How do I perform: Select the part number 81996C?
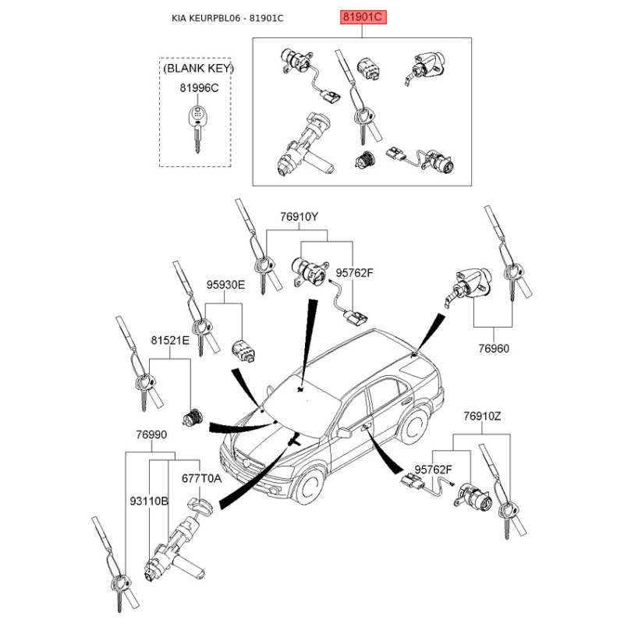pos(200,87)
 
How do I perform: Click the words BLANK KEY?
pos(198,69)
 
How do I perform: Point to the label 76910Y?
pos(300,217)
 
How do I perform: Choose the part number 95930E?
pos(225,285)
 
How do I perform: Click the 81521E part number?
pos(170,341)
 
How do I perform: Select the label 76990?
pos(151,434)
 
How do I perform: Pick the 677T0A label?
pos(201,477)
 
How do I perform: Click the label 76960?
pos(493,349)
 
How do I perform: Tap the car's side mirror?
pos(344,432)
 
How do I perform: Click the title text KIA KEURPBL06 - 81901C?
pos(227,18)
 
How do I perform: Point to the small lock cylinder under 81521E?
pos(192,418)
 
